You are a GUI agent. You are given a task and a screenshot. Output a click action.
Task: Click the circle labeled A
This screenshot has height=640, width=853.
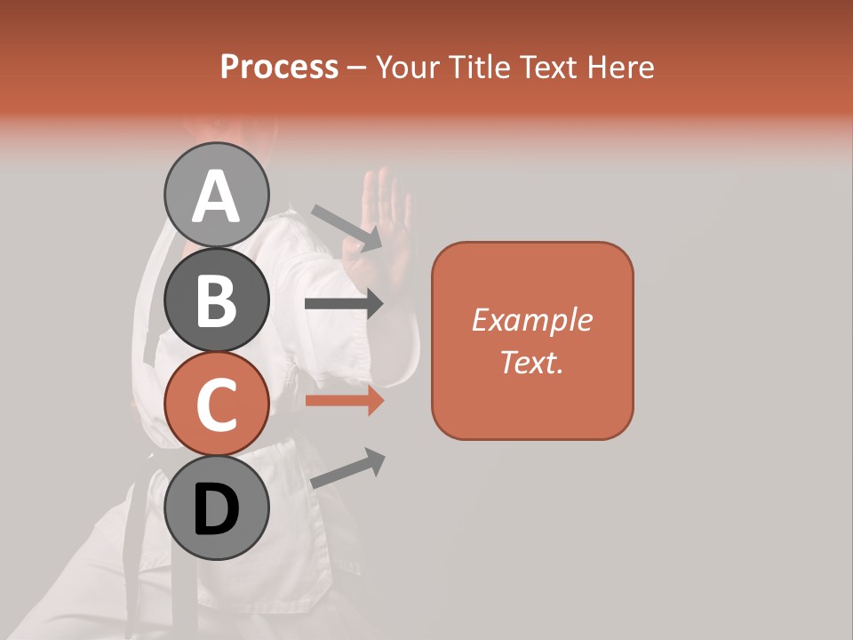216,195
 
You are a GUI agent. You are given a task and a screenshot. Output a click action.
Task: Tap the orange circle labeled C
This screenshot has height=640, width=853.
216,404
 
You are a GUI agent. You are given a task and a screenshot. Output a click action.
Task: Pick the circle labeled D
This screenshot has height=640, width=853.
216,508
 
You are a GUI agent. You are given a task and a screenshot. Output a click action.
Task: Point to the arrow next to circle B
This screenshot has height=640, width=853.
344,304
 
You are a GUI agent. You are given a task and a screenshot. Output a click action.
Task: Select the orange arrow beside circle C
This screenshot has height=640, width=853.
344,401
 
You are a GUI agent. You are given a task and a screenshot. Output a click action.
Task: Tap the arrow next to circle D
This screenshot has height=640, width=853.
347,468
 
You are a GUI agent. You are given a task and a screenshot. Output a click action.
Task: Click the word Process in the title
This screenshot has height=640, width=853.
279,68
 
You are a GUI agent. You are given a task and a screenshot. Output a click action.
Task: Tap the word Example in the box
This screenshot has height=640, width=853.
531,320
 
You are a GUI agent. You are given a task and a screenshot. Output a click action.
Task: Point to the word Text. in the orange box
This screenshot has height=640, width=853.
531,362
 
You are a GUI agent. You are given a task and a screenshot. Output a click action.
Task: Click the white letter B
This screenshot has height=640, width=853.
216,300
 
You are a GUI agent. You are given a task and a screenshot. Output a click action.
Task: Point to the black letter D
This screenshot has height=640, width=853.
216,510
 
